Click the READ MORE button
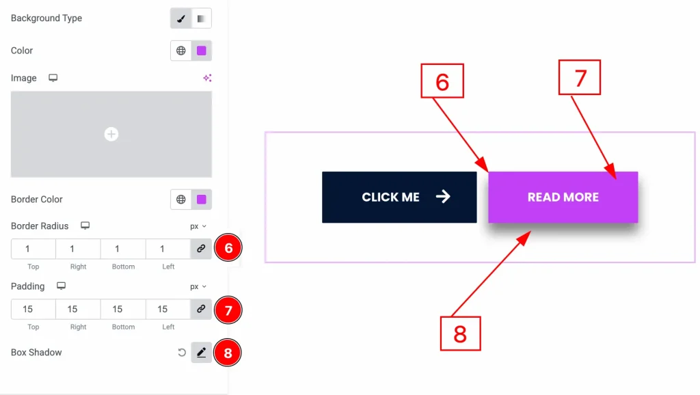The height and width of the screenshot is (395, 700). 563,197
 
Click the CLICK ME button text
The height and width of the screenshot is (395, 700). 390,197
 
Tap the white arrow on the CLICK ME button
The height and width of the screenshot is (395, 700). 443,197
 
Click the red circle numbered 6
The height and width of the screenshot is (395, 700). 228,249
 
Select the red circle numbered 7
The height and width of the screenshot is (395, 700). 228,310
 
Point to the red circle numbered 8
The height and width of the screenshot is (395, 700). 228,353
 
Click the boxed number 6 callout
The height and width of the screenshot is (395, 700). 442,81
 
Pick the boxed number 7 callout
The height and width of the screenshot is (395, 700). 580,77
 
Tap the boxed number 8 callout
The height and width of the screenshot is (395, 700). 460,333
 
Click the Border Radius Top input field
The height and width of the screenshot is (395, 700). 33,249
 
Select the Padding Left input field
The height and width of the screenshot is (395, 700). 167,309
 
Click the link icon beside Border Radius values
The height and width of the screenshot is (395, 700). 201,249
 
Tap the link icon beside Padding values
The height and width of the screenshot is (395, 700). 201,309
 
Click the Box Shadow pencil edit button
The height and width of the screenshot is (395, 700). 201,353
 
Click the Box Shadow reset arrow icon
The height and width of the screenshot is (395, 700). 181,353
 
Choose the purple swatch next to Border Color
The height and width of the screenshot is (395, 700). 202,200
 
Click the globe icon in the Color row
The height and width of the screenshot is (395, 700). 181,51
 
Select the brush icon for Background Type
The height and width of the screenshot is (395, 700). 181,18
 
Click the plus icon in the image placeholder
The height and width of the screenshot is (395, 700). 111,135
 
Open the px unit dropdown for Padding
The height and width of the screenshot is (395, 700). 198,286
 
